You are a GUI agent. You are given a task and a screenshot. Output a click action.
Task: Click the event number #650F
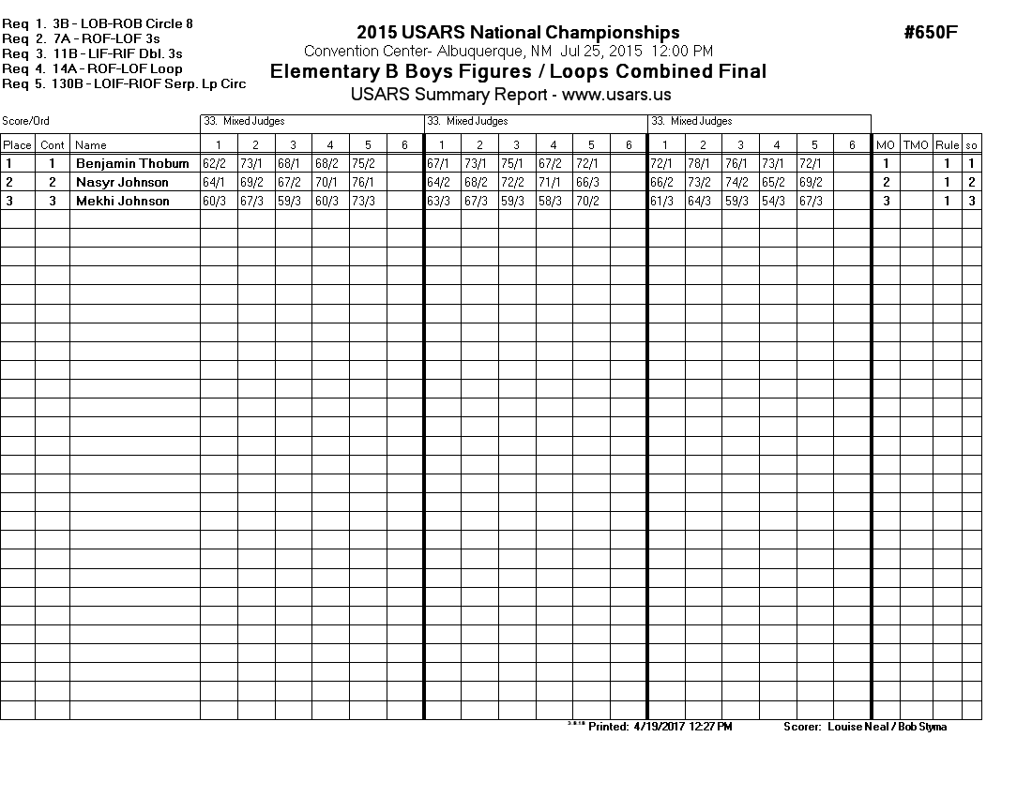(931, 33)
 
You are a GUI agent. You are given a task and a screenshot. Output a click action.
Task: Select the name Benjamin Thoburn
(132, 164)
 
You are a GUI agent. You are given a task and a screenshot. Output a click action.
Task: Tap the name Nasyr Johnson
(122, 183)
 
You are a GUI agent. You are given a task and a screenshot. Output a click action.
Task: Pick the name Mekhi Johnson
(122, 202)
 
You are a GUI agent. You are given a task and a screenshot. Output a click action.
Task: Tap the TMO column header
(915, 145)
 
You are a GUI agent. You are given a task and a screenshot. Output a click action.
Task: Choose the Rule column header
(947, 145)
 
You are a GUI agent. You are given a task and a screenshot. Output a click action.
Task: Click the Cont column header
(53, 145)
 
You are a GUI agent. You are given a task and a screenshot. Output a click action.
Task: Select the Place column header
(17, 145)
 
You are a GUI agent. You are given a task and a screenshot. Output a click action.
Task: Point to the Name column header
(91, 145)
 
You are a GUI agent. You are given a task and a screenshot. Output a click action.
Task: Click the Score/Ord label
(25, 121)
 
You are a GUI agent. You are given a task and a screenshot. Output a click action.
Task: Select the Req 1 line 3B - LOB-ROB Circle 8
(123, 23)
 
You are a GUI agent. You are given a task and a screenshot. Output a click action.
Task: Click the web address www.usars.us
(616, 95)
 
